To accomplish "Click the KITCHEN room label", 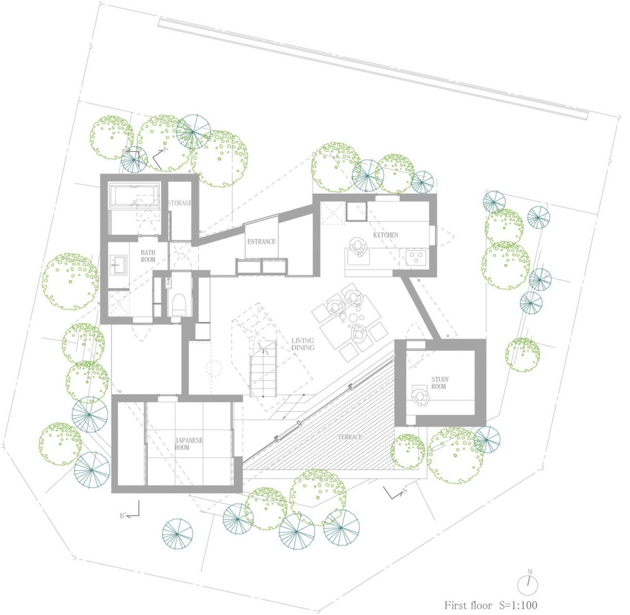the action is [x=386, y=235].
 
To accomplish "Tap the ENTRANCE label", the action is [x=261, y=241].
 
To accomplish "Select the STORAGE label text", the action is [x=180, y=203].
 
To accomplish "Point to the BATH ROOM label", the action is [x=148, y=256].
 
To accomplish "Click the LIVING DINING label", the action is [x=303, y=344].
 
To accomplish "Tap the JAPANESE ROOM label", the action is [x=189, y=444].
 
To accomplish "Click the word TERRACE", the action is [x=349, y=437].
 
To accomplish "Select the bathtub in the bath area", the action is [x=134, y=196].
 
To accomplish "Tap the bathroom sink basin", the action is [x=119, y=265].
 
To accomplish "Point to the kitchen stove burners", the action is [x=417, y=258].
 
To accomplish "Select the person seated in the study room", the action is [x=420, y=396].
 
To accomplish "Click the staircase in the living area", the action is [x=263, y=368].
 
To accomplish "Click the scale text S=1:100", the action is [x=518, y=605].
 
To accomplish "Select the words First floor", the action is [x=468, y=605].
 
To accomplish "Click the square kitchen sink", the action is [x=357, y=211].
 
